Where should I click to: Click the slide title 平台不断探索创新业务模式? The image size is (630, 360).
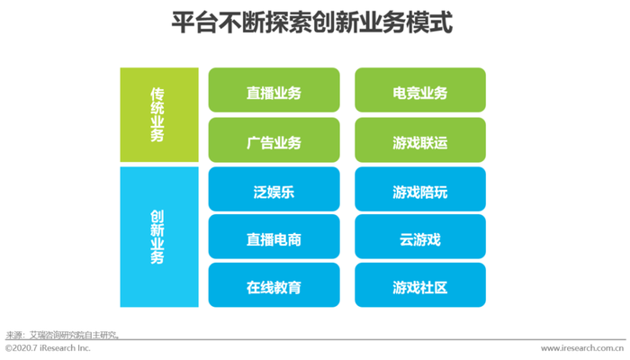tap(312, 22)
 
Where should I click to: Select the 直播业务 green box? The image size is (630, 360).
tap(274, 90)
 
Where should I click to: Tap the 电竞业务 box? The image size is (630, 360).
tap(420, 90)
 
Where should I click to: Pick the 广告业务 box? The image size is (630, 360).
tap(274, 139)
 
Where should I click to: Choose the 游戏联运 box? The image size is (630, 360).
tap(420, 139)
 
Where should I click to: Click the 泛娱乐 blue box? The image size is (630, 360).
tap(274, 189)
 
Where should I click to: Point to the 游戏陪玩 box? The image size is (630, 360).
tap(420, 189)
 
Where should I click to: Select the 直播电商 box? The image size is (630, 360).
tap(274, 237)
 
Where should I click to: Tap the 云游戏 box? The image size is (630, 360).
tap(420, 237)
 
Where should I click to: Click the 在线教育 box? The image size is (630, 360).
tap(274, 285)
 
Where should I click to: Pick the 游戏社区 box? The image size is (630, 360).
tap(420, 285)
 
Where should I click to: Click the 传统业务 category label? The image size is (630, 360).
tap(157, 115)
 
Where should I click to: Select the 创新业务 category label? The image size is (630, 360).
tap(157, 237)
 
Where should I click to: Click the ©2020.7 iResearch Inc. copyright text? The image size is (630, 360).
tap(48, 348)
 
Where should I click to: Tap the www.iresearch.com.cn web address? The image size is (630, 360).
tap(582, 348)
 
